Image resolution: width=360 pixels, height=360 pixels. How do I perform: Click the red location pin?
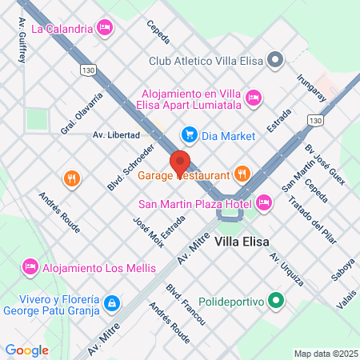[x=180, y=161]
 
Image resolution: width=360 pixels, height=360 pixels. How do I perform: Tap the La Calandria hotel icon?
[x=105, y=29]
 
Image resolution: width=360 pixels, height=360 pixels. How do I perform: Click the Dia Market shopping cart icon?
[x=189, y=134]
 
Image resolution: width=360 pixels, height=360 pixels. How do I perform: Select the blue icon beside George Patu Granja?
[x=113, y=303]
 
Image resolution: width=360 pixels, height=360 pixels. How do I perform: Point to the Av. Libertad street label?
[x=117, y=134]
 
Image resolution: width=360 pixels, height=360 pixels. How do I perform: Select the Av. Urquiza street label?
[x=286, y=269]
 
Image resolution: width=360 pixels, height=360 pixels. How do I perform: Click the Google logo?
[x=26, y=350]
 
